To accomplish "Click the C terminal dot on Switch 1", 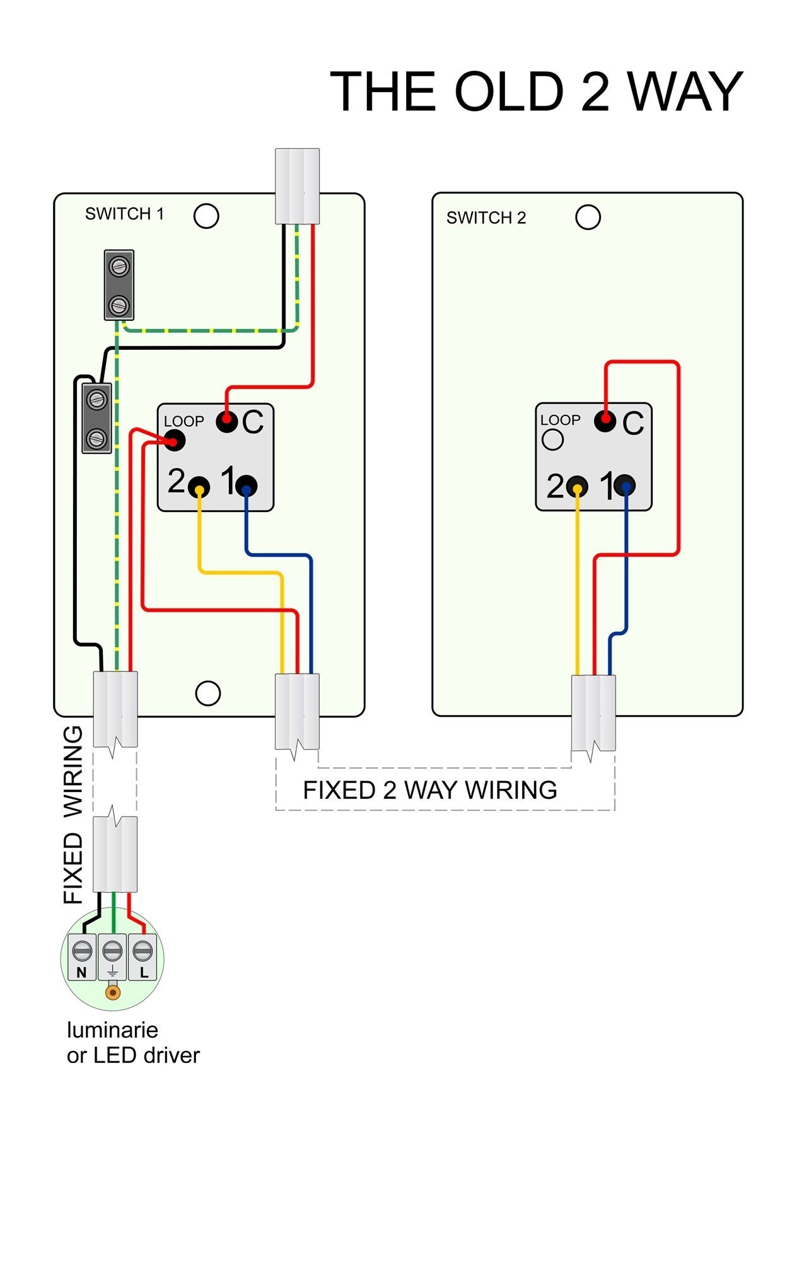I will [227, 421].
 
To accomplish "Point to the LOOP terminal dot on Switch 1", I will [175, 441].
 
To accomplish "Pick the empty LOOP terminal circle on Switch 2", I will [552, 439].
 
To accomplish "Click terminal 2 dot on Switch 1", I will [199, 487].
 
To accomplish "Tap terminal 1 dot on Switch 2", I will [625, 485].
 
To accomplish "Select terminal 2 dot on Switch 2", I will [577, 486].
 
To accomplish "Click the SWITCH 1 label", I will [125, 214].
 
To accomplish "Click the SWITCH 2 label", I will [486, 218].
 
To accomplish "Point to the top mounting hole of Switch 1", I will [206, 216].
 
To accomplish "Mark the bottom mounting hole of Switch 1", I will [207, 693].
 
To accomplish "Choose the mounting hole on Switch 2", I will [588, 218].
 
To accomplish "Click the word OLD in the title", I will [508, 92].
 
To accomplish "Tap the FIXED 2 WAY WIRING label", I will [430, 790].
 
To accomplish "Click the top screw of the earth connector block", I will [119, 266].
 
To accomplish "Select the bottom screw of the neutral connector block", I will [96, 438].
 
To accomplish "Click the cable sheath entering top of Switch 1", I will [298, 186].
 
